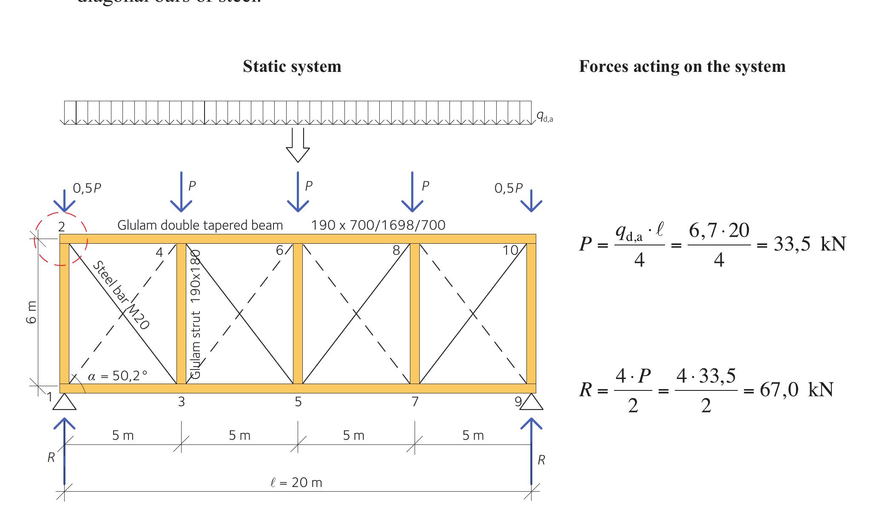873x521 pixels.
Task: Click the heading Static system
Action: click(292, 67)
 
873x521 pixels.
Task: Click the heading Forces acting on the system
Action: click(682, 67)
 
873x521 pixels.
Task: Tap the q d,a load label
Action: click(544, 116)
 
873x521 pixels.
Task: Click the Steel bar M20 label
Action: click(121, 296)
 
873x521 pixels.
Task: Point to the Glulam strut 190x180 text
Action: click(196, 315)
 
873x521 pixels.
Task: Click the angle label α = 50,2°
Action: click(118, 376)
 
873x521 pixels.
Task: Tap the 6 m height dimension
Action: click(31, 313)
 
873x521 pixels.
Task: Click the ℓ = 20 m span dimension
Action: click(296, 483)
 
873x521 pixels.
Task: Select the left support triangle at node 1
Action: click(64, 402)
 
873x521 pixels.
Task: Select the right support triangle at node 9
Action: click(531, 402)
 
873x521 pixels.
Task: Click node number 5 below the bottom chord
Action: click(298, 402)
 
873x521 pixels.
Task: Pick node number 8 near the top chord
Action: click(396, 251)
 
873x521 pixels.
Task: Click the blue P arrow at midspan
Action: click(298, 191)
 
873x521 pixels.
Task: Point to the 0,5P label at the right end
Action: click(508, 188)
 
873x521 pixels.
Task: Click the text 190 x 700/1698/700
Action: click(378, 225)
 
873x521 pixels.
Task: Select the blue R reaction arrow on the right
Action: click(531, 451)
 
